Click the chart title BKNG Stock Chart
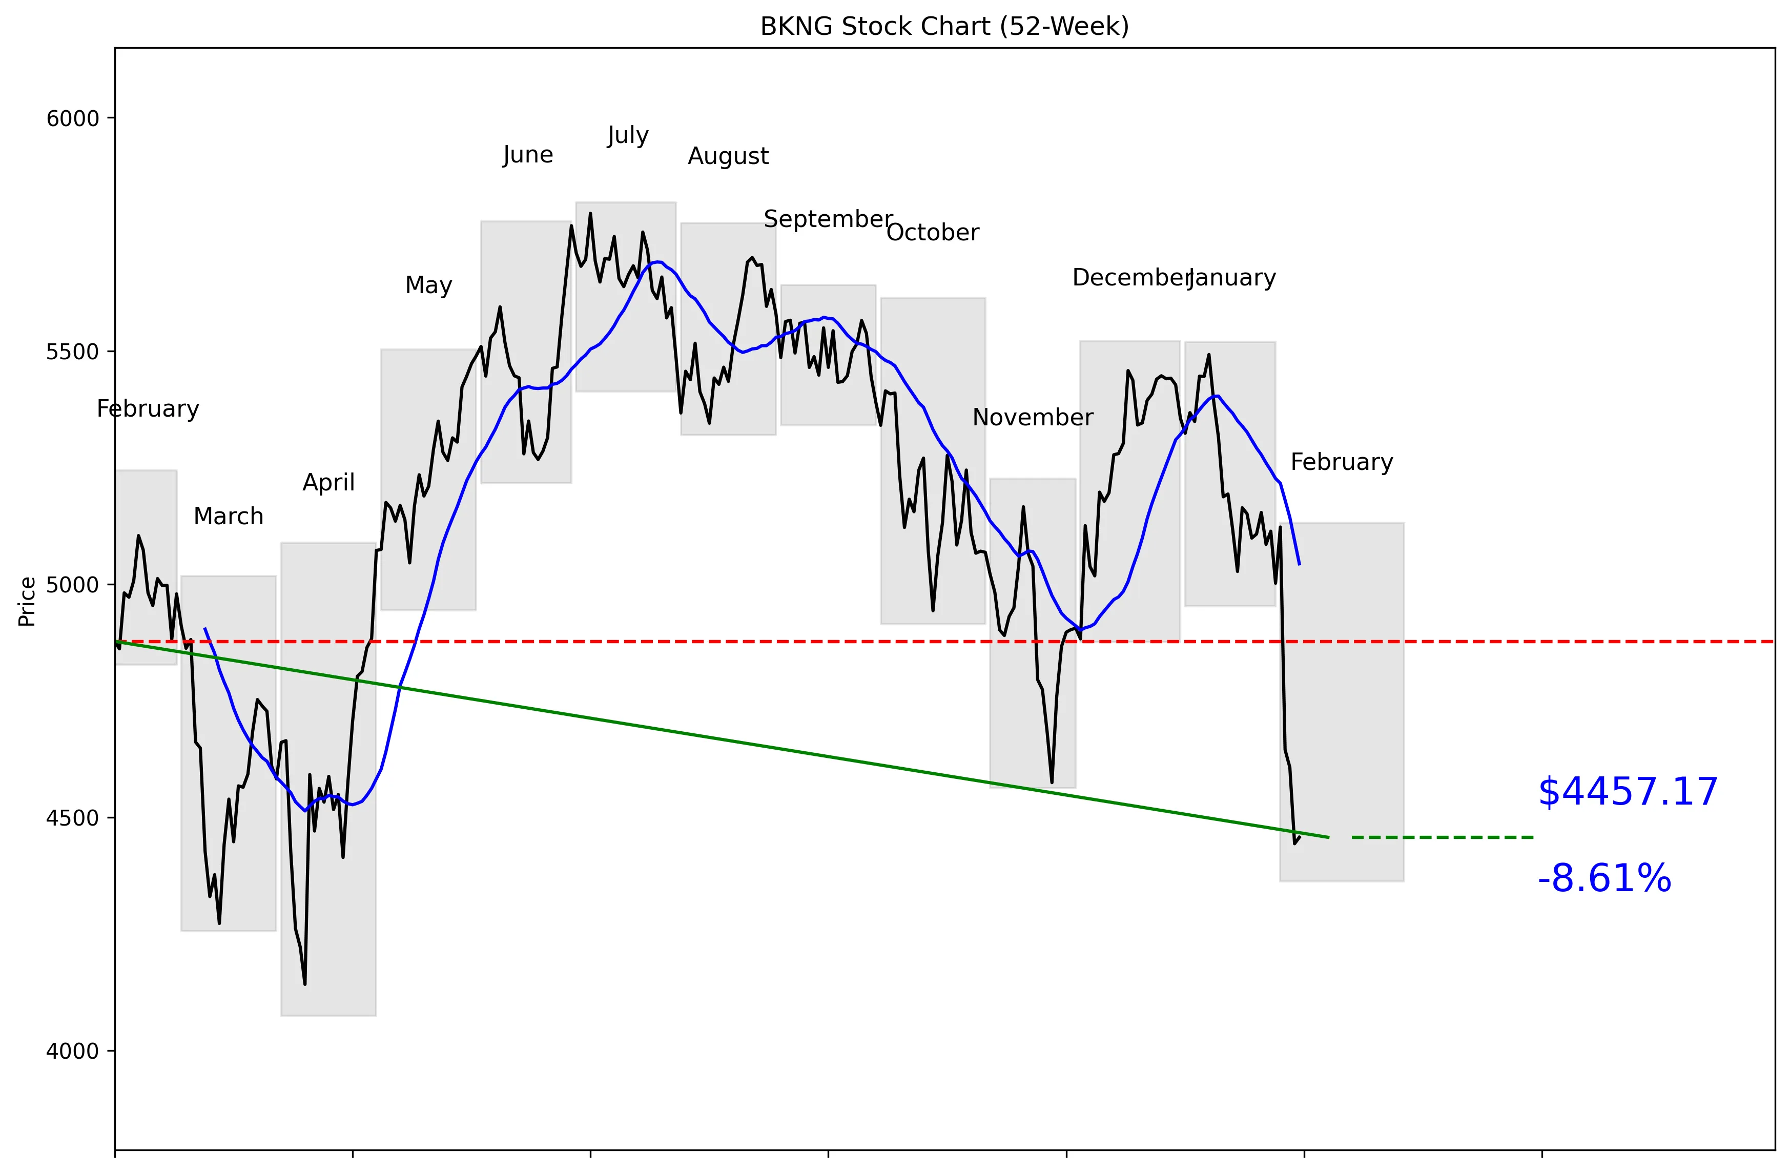click(x=944, y=26)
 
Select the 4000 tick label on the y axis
click(x=72, y=1051)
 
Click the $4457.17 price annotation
click(x=1628, y=792)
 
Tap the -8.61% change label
click(x=1604, y=878)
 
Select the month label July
click(x=627, y=135)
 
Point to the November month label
click(x=1032, y=417)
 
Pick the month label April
click(x=328, y=482)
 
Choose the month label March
click(x=228, y=517)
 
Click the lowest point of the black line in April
click(x=304, y=983)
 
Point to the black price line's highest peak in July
click(x=590, y=214)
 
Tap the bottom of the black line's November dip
click(x=1052, y=782)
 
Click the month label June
click(x=527, y=155)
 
